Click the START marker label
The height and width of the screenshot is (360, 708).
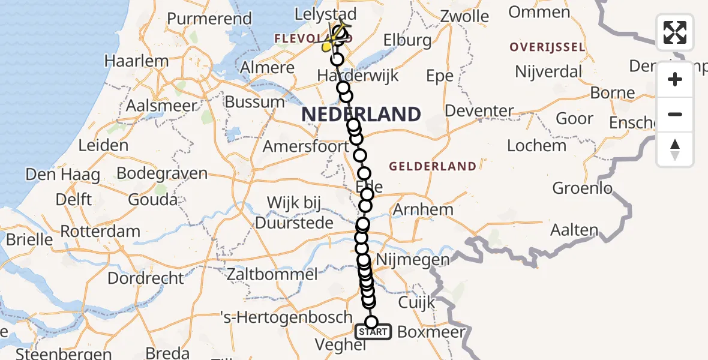(x=373, y=332)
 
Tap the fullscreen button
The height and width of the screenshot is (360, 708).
(x=675, y=32)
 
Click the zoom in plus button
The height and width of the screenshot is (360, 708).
(x=675, y=79)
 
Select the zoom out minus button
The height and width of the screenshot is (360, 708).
(x=675, y=114)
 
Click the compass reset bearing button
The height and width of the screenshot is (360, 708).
(x=675, y=149)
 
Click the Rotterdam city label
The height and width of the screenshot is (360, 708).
(x=100, y=231)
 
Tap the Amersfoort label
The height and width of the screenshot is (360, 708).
(x=306, y=146)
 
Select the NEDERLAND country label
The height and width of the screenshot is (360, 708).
(x=361, y=114)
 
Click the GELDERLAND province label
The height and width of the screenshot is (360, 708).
(x=433, y=166)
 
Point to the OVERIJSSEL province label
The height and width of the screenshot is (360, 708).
(x=547, y=47)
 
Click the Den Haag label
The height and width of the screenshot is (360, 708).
(x=62, y=175)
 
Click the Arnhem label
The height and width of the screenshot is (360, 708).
(x=423, y=210)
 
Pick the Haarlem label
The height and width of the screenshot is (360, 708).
(x=136, y=61)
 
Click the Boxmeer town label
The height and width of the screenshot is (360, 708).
(x=431, y=332)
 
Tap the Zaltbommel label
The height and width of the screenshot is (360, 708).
(x=272, y=275)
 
